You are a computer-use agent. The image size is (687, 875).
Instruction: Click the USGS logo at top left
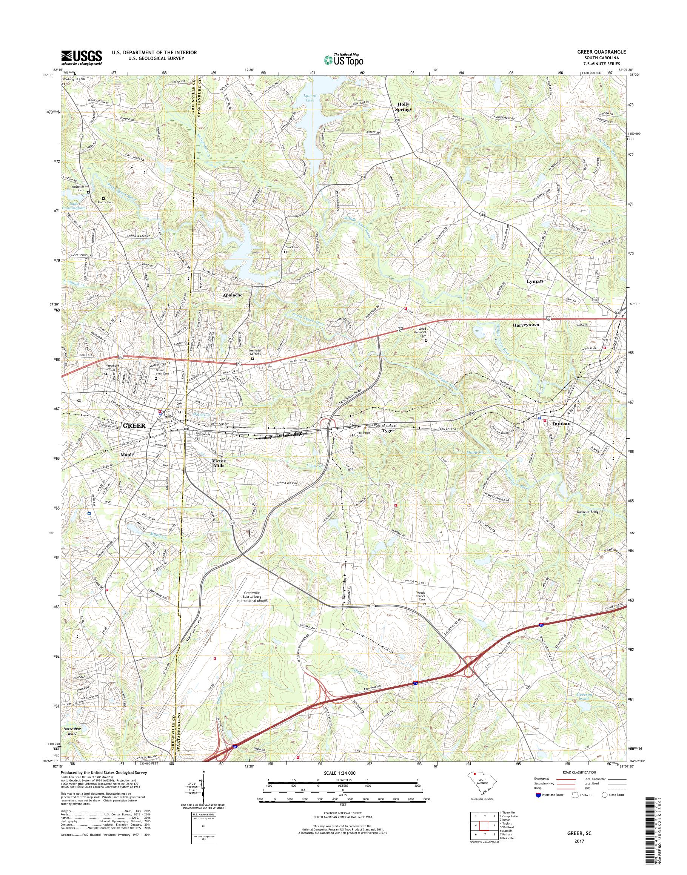(81, 57)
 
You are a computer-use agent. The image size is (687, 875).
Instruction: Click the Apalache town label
(233, 295)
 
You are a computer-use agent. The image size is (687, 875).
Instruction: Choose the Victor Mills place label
(219, 463)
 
